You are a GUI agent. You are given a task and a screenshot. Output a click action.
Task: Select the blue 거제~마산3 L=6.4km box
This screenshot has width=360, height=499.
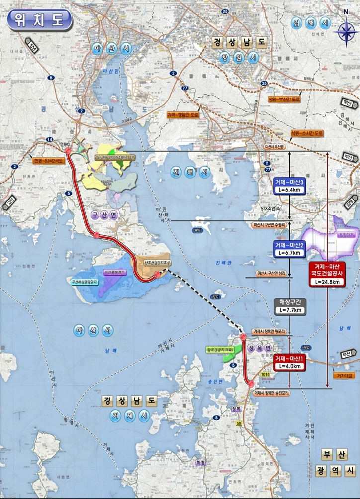289,186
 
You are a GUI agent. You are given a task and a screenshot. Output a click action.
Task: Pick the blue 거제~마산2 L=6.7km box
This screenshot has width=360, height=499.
289,249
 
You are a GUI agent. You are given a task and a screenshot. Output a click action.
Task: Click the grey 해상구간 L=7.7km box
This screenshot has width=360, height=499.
289,306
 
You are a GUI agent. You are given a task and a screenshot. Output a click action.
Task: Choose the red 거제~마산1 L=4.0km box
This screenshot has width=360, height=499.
289,362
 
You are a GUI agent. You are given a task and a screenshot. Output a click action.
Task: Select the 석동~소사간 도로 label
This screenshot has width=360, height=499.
307,133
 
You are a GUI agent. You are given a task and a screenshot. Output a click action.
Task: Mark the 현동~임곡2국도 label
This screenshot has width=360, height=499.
49,161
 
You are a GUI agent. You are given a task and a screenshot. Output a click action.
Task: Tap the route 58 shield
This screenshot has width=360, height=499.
239,423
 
